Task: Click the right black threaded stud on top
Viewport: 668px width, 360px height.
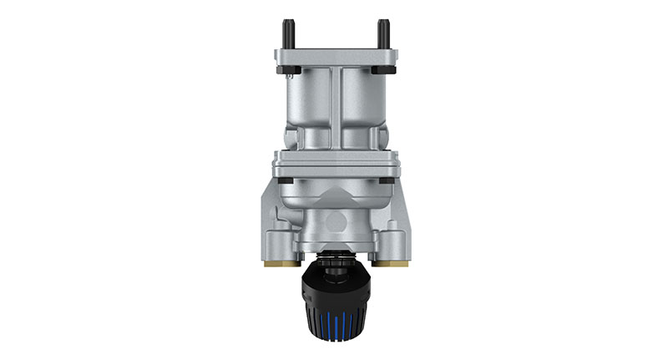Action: (383, 33)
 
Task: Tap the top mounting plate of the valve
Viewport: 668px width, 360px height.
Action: (337, 57)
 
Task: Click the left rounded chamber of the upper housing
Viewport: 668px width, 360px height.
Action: (307, 100)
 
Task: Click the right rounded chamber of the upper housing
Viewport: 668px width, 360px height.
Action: (366, 100)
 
